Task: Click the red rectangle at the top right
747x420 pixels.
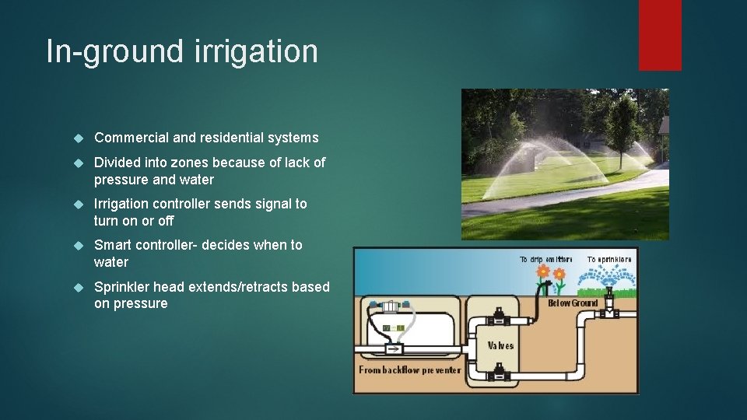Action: point(660,35)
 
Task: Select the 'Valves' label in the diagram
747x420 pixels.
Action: point(500,345)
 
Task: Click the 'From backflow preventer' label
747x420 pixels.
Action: point(409,370)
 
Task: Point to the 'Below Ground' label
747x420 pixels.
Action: point(573,303)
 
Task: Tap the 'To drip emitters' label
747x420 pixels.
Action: point(545,259)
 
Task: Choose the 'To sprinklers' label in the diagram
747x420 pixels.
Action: point(609,259)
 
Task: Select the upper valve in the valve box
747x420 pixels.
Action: point(499,319)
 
